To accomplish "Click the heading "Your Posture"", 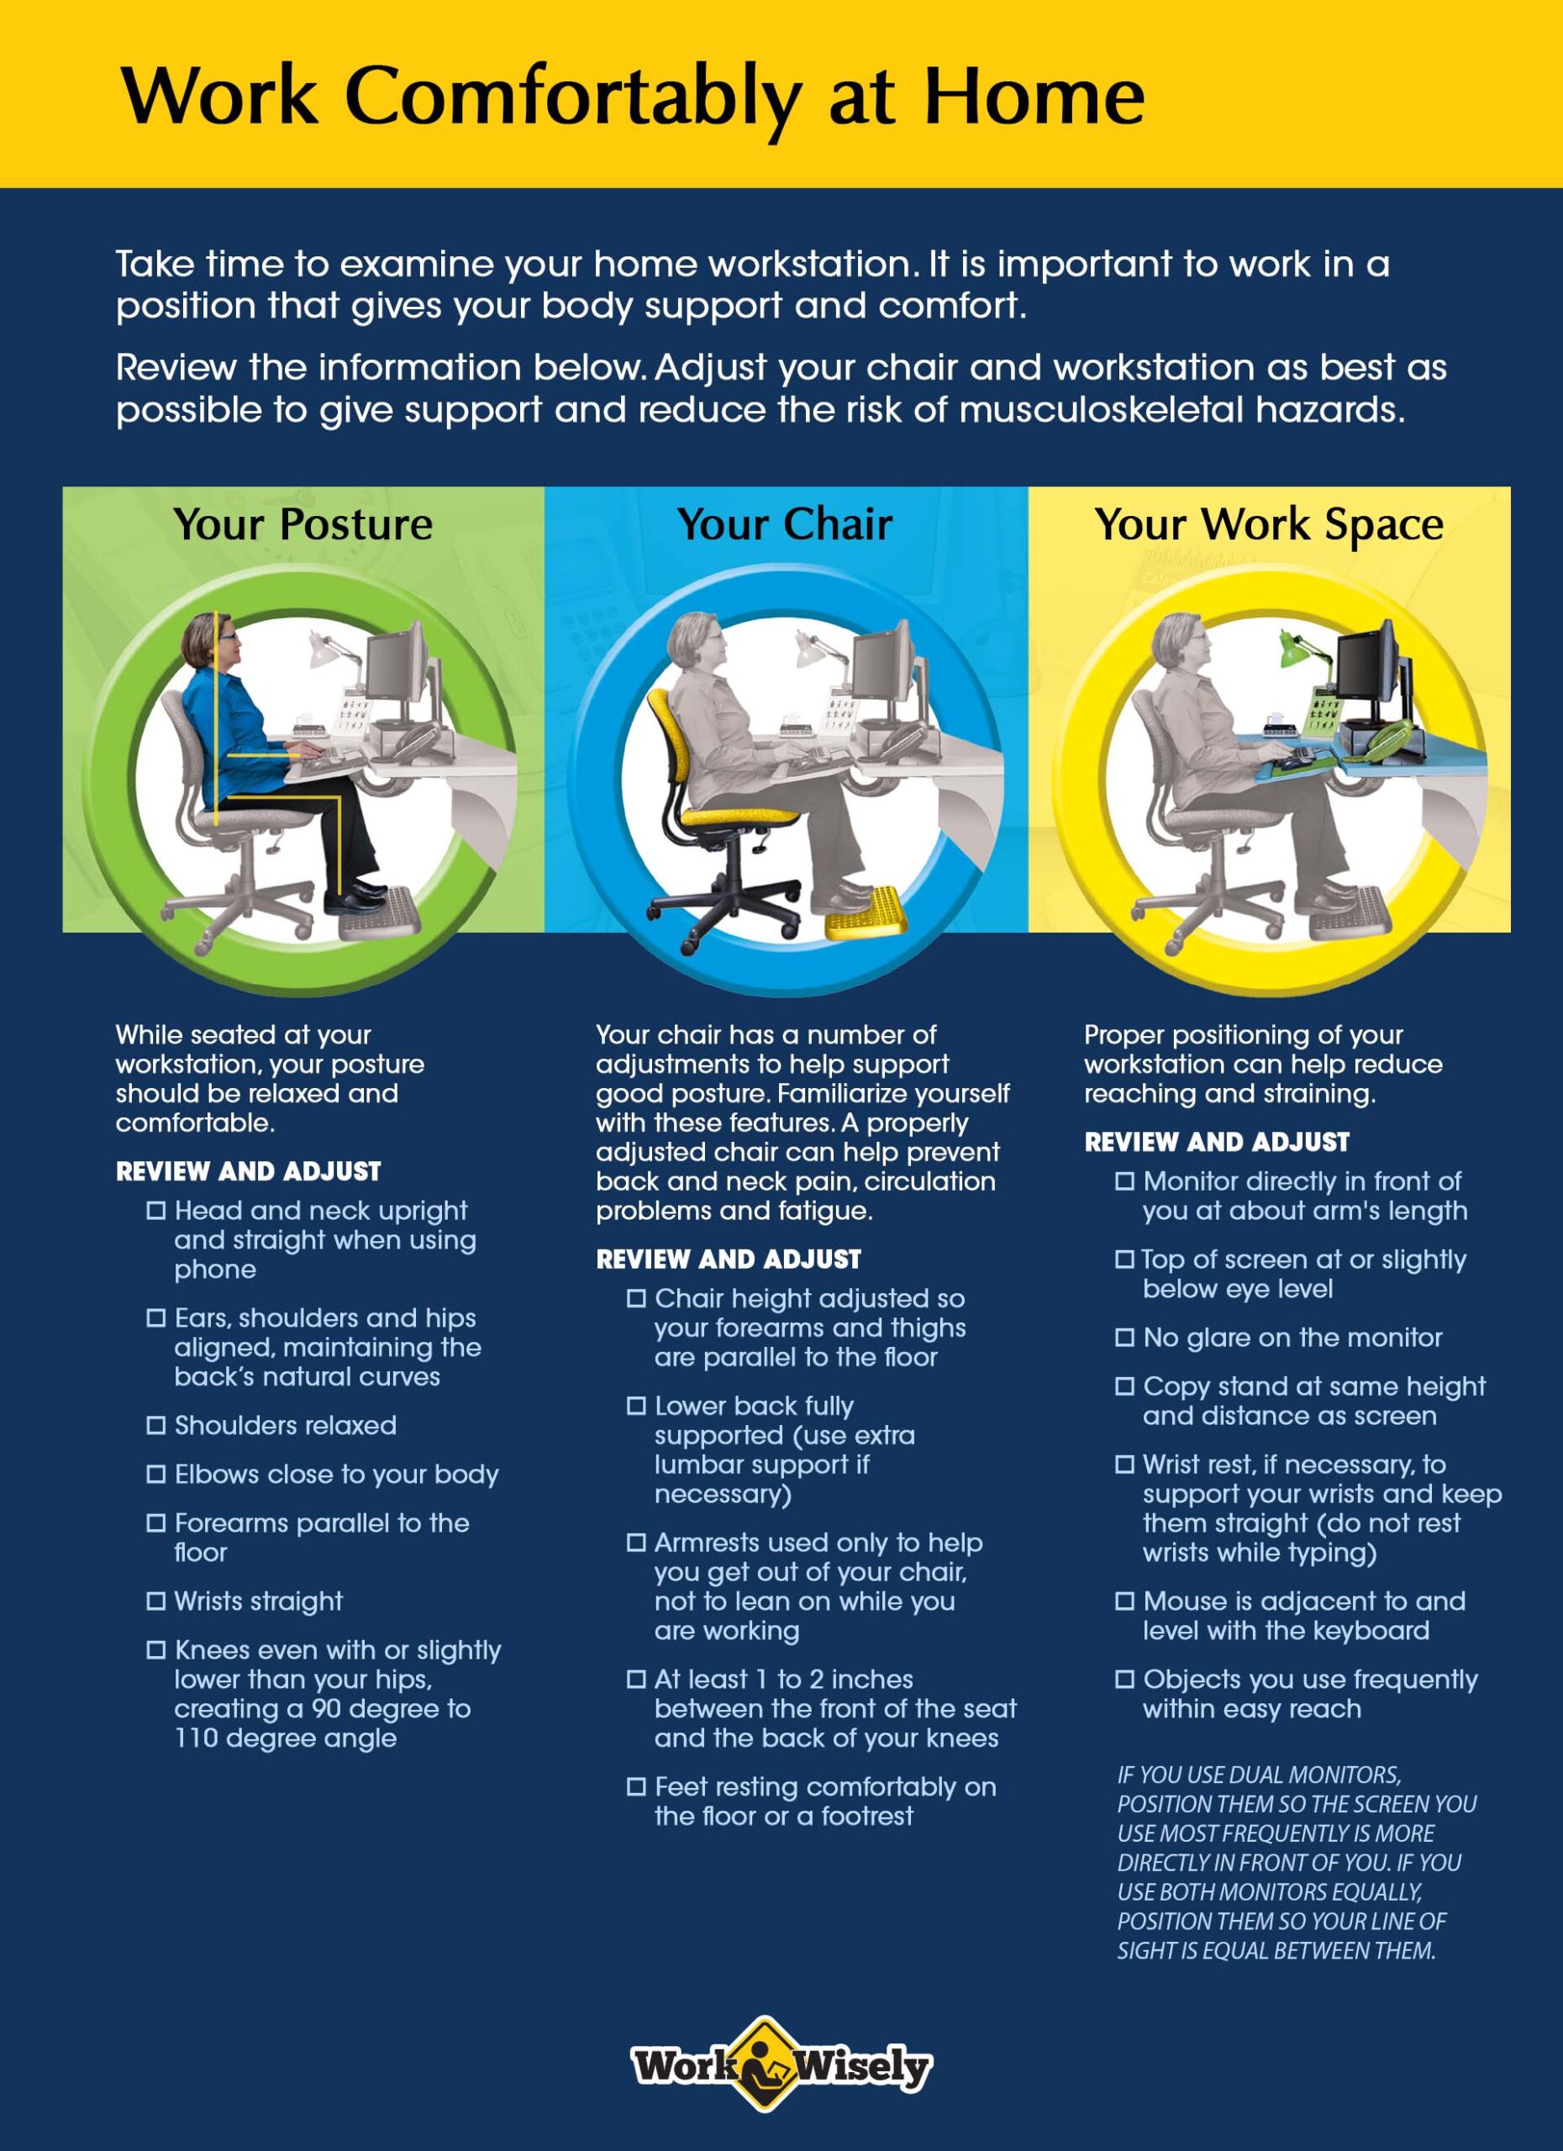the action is click(x=303, y=524).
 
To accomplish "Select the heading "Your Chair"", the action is click(x=784, y=524).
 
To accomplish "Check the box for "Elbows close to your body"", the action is click(x=155, y=1474).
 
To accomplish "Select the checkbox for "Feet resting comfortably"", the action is click(x=636, y=1787).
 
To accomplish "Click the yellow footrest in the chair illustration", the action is click(x=865, y=912).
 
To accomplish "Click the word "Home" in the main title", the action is click(x=1034, y=97).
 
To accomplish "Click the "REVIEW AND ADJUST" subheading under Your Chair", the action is click(x=729, y=1260).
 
